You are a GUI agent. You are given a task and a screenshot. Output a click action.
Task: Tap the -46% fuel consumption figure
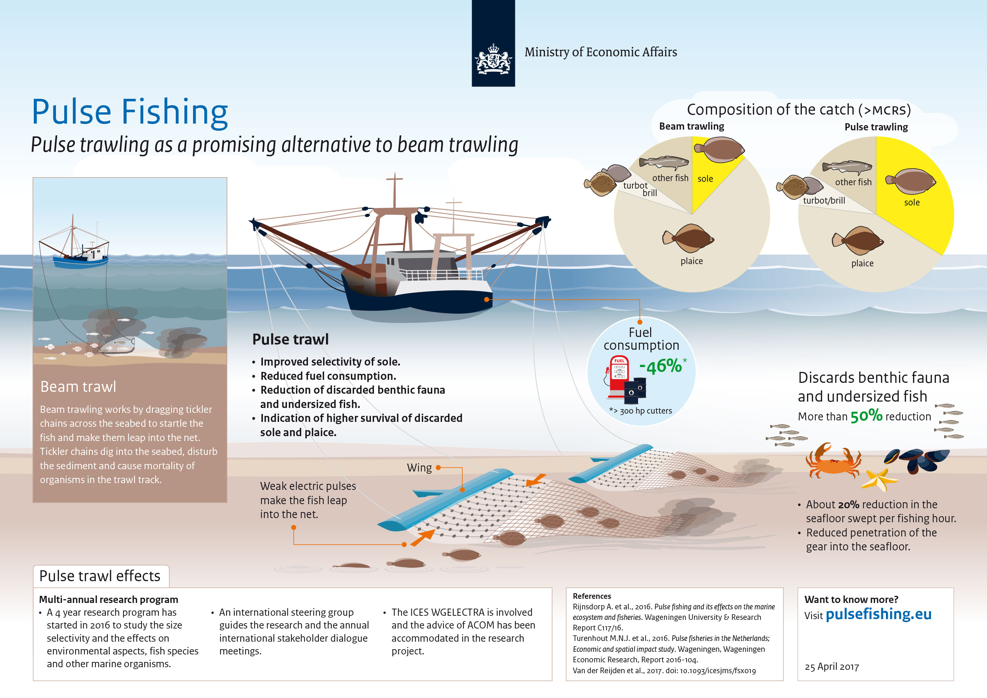[x=660, y=366]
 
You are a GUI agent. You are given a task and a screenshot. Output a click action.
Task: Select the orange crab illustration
[x=833, y=461]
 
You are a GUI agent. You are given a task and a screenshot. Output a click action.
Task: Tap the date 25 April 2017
[x=832, y=666]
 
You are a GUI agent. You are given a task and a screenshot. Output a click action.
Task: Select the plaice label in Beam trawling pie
[x=692, y=261]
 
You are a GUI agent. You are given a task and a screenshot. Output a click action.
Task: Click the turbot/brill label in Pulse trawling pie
[x=824, y=200]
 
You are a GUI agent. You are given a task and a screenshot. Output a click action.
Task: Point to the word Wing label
[x=419, y=468]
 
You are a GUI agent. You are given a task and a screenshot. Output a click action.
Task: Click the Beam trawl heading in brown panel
[x=78, y=387]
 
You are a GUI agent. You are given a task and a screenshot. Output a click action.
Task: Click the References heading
[x=592, y=596]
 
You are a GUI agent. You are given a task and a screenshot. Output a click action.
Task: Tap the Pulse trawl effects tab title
[x=100, y=576]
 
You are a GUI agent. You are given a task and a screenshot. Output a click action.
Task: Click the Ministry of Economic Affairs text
[x=601, y=52]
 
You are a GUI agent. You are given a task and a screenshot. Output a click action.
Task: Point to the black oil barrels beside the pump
[x=635, y=390]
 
